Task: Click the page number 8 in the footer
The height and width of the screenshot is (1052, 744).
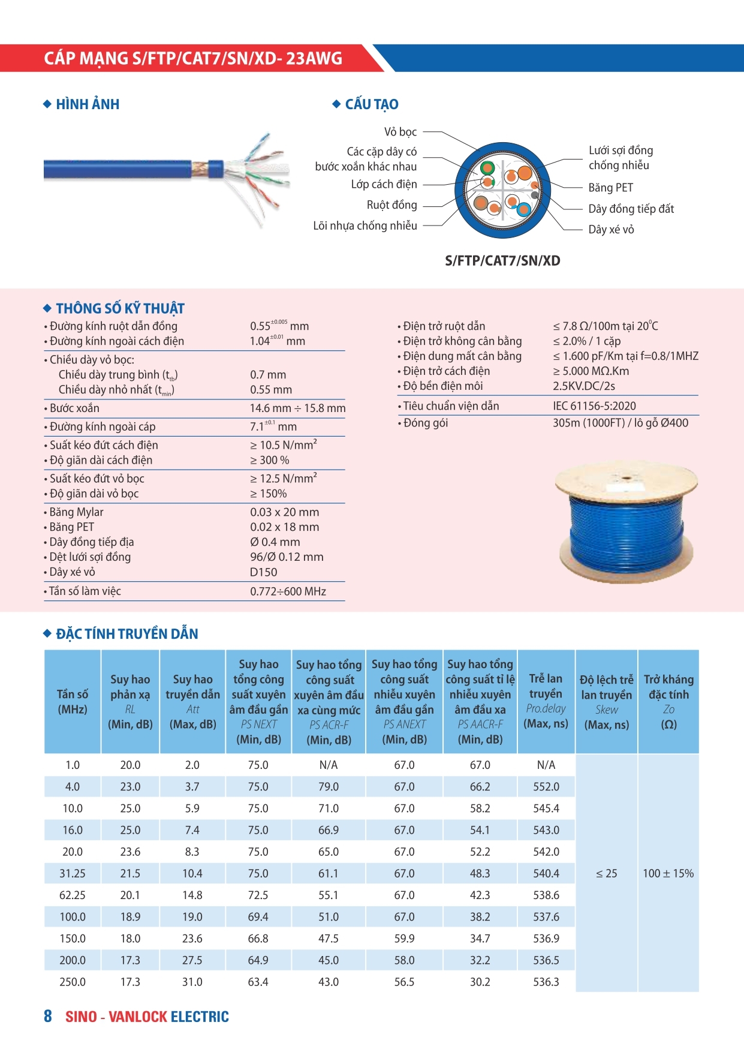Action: [48, 1016]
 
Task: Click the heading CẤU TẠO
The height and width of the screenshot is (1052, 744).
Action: [371, 104]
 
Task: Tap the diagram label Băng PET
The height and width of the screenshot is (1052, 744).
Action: [610, 188]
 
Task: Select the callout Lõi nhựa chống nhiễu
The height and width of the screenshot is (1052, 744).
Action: [365, 226]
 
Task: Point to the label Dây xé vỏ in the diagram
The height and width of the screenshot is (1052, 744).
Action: [611, 230]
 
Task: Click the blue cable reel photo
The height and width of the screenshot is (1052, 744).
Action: [627, 521]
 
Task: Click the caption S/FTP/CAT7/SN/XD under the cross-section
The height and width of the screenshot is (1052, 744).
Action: [502, 261]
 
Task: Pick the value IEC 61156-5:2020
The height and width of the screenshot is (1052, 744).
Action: [594, 406]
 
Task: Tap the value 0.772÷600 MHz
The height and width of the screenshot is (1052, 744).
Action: [288, 591]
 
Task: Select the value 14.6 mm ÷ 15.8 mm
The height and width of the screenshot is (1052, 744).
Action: [297, 408]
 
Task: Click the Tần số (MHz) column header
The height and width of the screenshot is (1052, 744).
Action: [73, 702]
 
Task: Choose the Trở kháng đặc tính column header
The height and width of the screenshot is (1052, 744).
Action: [668, 702]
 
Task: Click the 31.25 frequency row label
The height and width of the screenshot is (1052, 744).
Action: [73, 874]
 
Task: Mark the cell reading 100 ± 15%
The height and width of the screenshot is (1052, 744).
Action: [668, 874]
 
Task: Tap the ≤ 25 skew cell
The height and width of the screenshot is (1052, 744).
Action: [606, 874]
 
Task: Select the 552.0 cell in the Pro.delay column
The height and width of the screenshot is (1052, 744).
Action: [546, 787]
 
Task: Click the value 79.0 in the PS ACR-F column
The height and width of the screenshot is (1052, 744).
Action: [329, 787]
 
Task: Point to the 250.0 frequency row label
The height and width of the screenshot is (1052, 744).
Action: [73, 982]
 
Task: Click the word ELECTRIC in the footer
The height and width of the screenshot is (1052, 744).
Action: [200, 1017]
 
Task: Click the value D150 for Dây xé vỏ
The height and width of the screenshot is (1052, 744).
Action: [263, 572]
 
